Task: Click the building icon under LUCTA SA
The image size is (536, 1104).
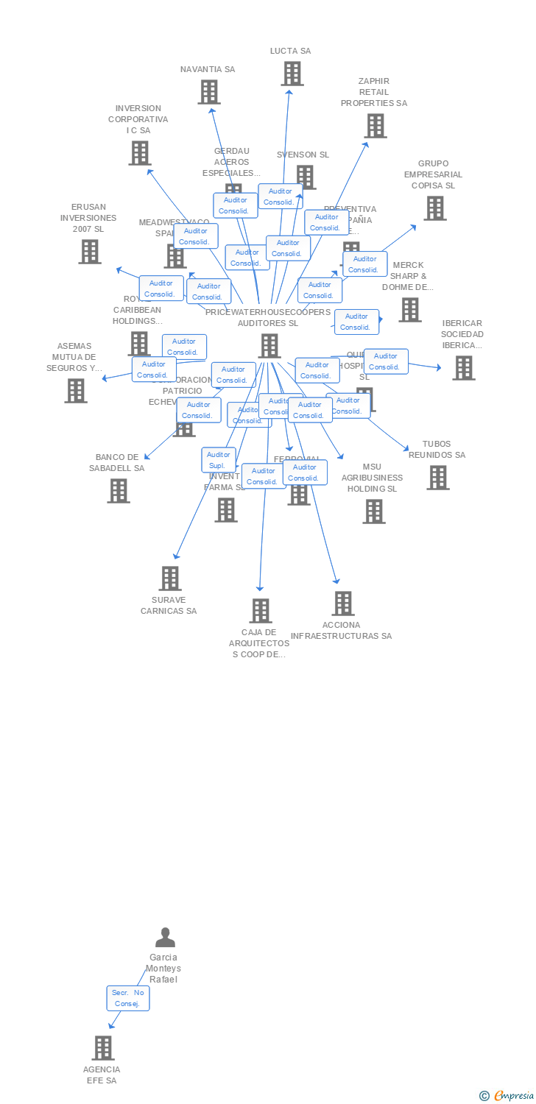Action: click(x=292, y=74)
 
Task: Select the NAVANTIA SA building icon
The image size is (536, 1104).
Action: click(x=209, y=92)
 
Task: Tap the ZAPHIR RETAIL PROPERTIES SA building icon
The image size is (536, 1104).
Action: click(x=375, y=126)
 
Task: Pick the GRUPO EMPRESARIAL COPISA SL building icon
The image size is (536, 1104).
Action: click(x=434, y=208)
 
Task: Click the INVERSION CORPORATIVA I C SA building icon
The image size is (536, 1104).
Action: click(x=139, y=153)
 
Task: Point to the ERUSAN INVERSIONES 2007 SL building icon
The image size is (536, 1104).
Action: click(x=90, y=252)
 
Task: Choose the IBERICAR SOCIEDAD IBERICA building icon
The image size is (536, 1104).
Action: click(x=463, y=367)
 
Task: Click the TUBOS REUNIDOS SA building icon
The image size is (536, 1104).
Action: click(x=438, y=478)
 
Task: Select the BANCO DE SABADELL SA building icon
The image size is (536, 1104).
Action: click(x=119, y=491)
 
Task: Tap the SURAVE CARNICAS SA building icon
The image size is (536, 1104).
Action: click(x=170, y=578)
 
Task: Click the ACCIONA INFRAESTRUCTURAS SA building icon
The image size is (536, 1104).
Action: click(x=342, y=604)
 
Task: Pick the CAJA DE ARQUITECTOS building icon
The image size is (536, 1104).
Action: click(x=260, y=611)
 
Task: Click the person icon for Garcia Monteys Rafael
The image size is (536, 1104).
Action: click(x=165, y=938)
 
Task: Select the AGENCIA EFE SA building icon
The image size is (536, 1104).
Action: click(x=103, y=1048)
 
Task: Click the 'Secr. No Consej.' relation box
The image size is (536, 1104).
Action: click(x=128, y=998)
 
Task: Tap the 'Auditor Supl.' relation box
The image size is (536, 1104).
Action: click(x=219, y=460)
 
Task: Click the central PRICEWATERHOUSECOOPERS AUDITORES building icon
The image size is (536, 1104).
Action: click(x=269, y=346)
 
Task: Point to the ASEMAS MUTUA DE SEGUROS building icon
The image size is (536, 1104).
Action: click(x=76, y=391)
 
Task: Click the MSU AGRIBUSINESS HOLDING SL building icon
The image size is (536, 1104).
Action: click(x=374, y=512)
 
